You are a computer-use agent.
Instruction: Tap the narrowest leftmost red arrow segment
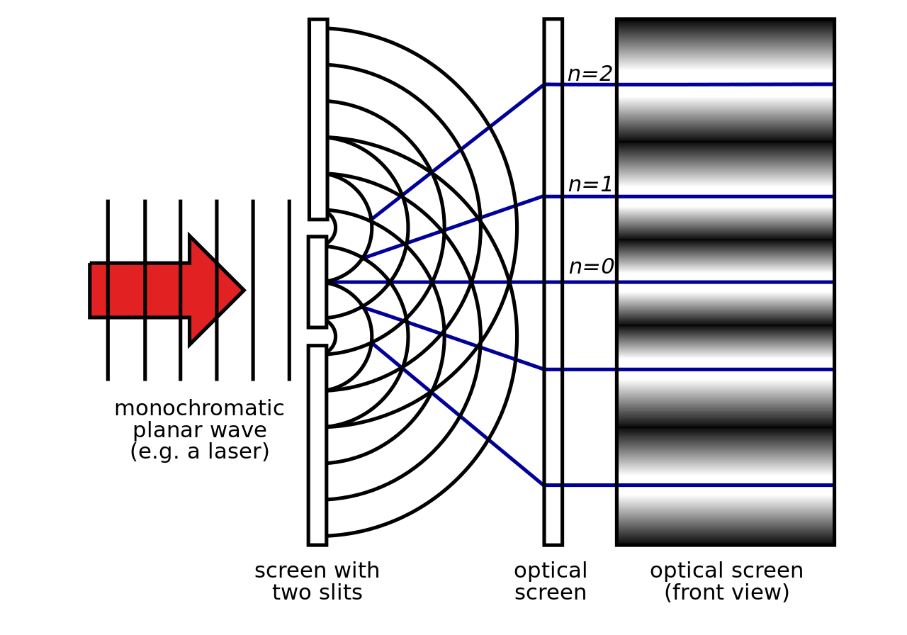98,290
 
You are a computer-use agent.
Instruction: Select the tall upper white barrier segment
318,119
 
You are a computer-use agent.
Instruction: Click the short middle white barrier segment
317,282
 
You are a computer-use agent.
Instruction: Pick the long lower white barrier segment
317,445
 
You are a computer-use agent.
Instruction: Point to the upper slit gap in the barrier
317,228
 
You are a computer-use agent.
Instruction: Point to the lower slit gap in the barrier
317,337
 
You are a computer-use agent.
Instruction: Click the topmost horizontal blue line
709,84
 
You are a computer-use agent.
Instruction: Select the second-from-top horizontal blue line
709,196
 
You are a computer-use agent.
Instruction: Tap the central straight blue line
709,282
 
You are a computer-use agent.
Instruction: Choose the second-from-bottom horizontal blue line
709,369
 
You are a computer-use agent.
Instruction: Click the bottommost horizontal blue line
709,485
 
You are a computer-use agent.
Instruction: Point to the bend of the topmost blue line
543,85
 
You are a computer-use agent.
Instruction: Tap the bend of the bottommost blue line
543,485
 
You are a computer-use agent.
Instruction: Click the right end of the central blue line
831,282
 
